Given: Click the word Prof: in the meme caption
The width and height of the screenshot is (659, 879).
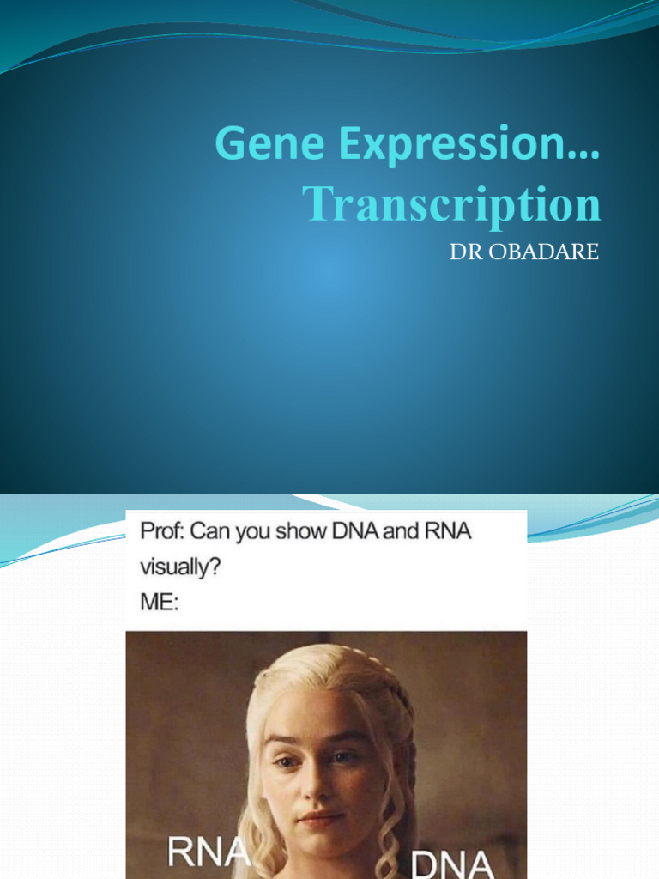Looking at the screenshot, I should [x=162, y=531].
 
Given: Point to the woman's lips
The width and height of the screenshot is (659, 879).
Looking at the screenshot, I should [x=318, y=818].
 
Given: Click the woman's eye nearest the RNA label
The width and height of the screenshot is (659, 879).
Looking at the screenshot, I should [x=286, y=761].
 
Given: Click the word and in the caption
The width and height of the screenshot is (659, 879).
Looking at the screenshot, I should [x=400, y=531].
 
